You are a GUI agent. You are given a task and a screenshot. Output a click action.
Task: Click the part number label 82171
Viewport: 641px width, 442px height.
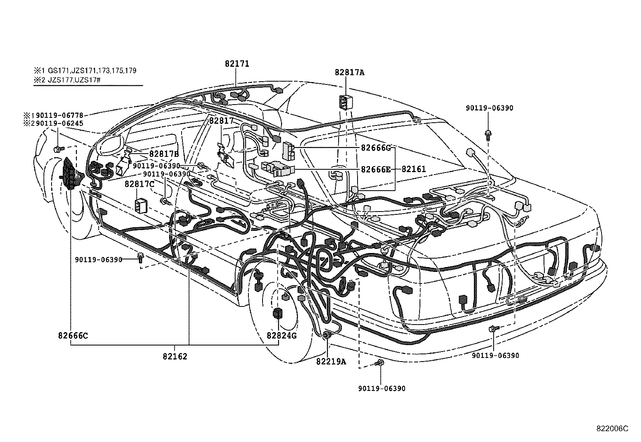point(237,64)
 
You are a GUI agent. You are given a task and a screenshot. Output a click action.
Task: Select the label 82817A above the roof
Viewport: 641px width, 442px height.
point(349,72)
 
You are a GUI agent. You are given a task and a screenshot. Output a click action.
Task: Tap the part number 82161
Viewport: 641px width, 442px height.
point(414,169)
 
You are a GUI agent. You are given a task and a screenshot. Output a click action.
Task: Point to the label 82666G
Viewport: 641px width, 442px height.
point(376,148)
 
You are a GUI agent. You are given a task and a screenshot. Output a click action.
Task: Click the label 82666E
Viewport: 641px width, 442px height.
point(376,169)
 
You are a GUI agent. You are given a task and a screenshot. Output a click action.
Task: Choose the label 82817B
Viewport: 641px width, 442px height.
point(164,154)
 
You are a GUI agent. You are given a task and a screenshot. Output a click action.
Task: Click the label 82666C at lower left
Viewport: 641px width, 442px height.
point(73,335)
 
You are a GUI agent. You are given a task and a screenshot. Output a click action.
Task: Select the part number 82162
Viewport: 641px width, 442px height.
point(175,356)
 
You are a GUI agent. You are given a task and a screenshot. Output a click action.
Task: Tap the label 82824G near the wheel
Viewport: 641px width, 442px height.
point(281,335)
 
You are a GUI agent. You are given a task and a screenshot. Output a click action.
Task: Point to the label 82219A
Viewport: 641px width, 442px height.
point(331,361)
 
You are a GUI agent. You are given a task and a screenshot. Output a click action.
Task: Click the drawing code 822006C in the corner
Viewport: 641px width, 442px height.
point(612,429)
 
